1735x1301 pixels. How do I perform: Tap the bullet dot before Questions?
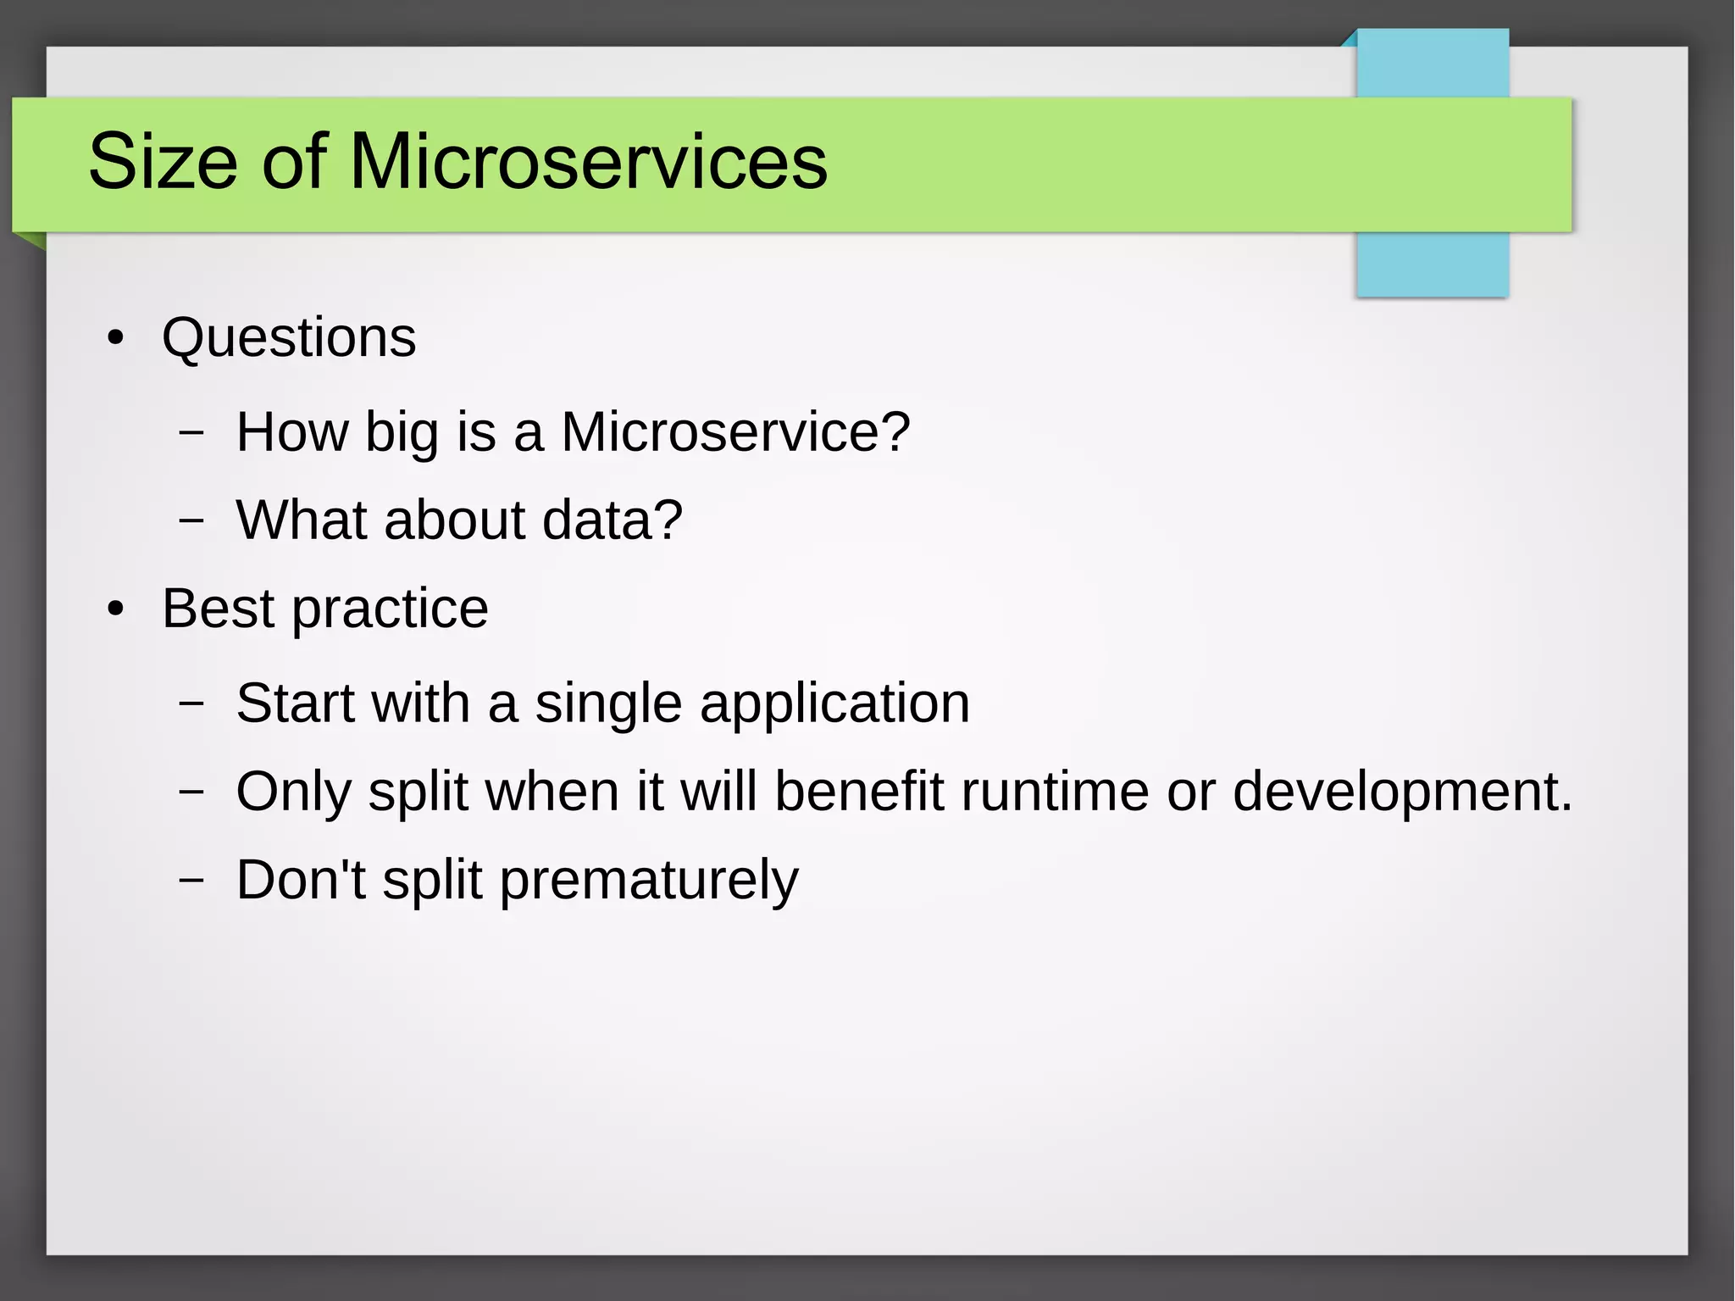116,339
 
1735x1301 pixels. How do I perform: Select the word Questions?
289,338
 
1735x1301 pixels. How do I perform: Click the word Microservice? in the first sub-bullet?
735,432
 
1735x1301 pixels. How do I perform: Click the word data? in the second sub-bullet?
612,520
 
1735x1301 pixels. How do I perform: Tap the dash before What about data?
192,519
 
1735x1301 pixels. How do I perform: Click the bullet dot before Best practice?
116,609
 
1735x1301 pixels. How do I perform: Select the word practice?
390,610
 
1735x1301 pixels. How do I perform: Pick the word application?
834,705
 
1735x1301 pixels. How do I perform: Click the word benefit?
858,791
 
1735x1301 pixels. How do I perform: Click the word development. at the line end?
1402,792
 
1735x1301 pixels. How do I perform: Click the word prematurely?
648,881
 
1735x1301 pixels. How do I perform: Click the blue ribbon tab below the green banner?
1432,264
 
